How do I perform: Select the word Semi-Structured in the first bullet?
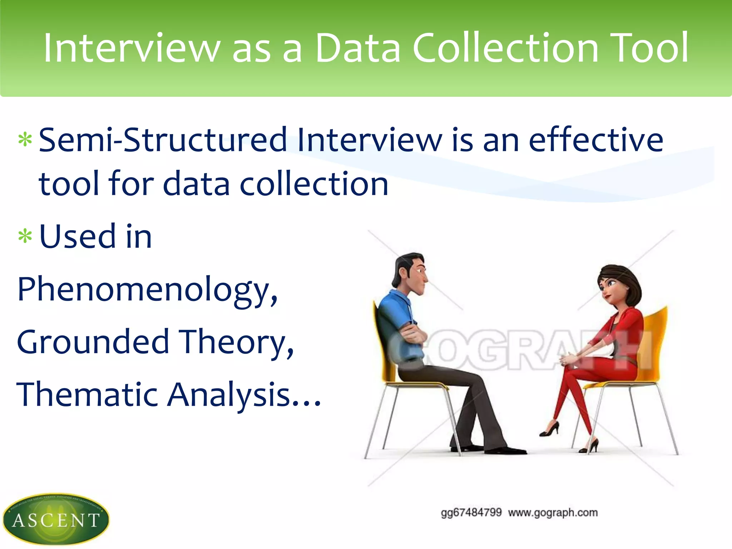point(163,140)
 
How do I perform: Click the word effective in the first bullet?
point(596,140)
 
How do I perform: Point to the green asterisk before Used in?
point(25,237)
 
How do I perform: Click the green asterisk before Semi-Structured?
point(25,140)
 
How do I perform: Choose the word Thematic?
point(87,394)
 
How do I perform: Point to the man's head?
point(411,273)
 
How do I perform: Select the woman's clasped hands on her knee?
point(568,359)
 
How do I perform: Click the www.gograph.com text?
point(553,513)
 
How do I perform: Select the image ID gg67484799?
point(471,513)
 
